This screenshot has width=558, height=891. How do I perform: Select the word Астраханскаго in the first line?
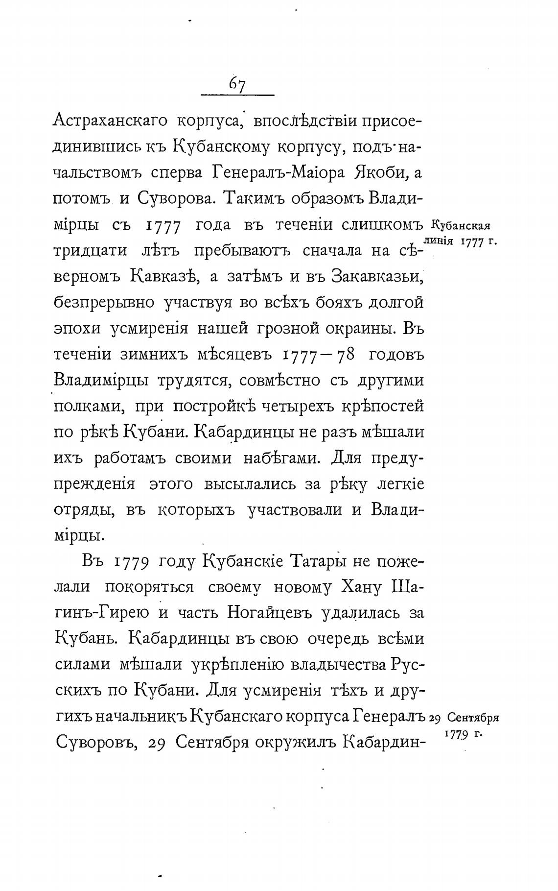pyautogui.click(x=110, y=120)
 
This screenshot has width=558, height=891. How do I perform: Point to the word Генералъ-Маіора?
pyautogui.click(x=279, y=172)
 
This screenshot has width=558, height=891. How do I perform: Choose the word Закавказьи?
pyautogui.click(x=376, y=276)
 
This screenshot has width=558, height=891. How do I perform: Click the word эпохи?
pyautogui.click(x=77, y=328)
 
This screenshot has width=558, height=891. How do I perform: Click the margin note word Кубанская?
pyautogui.click(x=461, y=226)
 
